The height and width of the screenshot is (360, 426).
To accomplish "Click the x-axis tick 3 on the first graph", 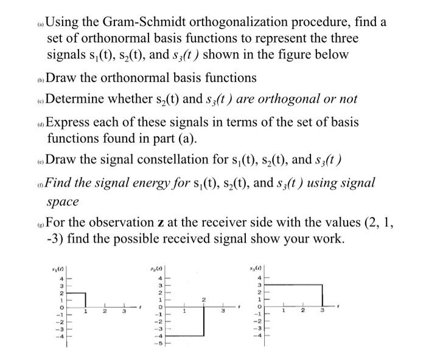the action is point(123,313).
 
